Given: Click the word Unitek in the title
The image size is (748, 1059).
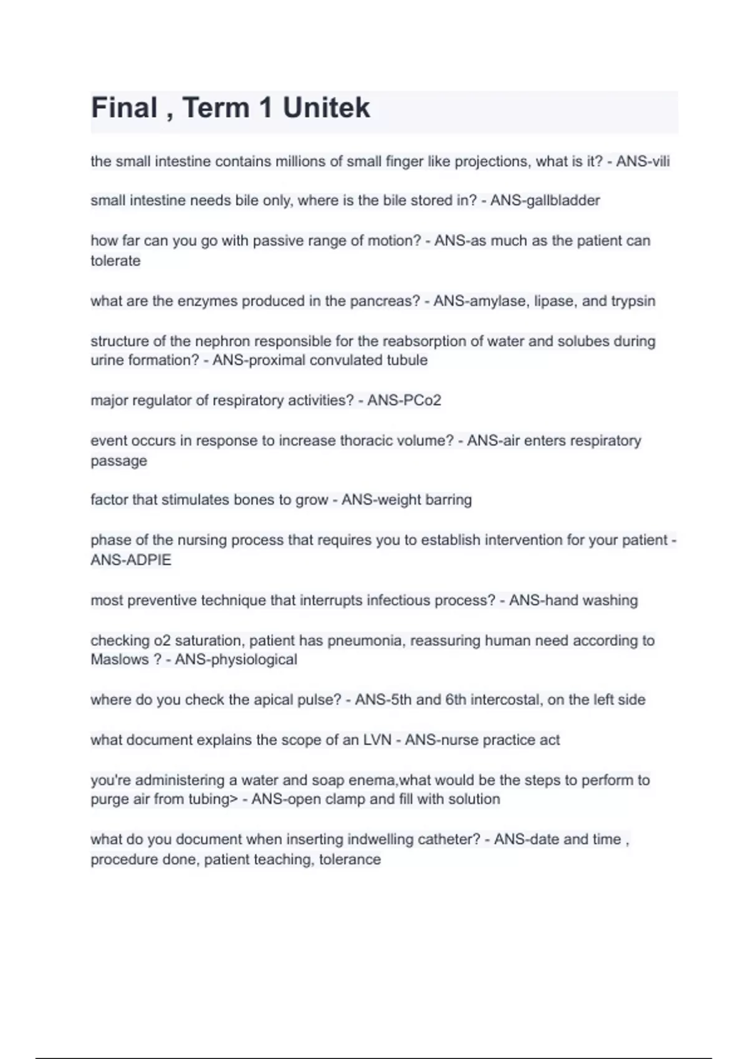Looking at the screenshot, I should [x=326, y=108].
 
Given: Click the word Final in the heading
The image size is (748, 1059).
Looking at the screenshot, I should [x=124, y=108].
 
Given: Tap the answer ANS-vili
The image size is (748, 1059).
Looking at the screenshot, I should [x=643, y=161].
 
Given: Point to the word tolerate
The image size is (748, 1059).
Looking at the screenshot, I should [x=115, y=260].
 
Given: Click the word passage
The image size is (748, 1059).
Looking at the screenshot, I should [x=118, y=461].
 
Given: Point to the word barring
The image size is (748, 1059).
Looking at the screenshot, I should [x=448, y=500].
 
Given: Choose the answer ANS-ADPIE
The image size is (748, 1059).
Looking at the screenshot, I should [x=131, y=559].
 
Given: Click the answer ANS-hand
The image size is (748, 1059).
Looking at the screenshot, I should [x=542, y=601].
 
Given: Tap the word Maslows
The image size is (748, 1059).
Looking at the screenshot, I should [x=119, y=659].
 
